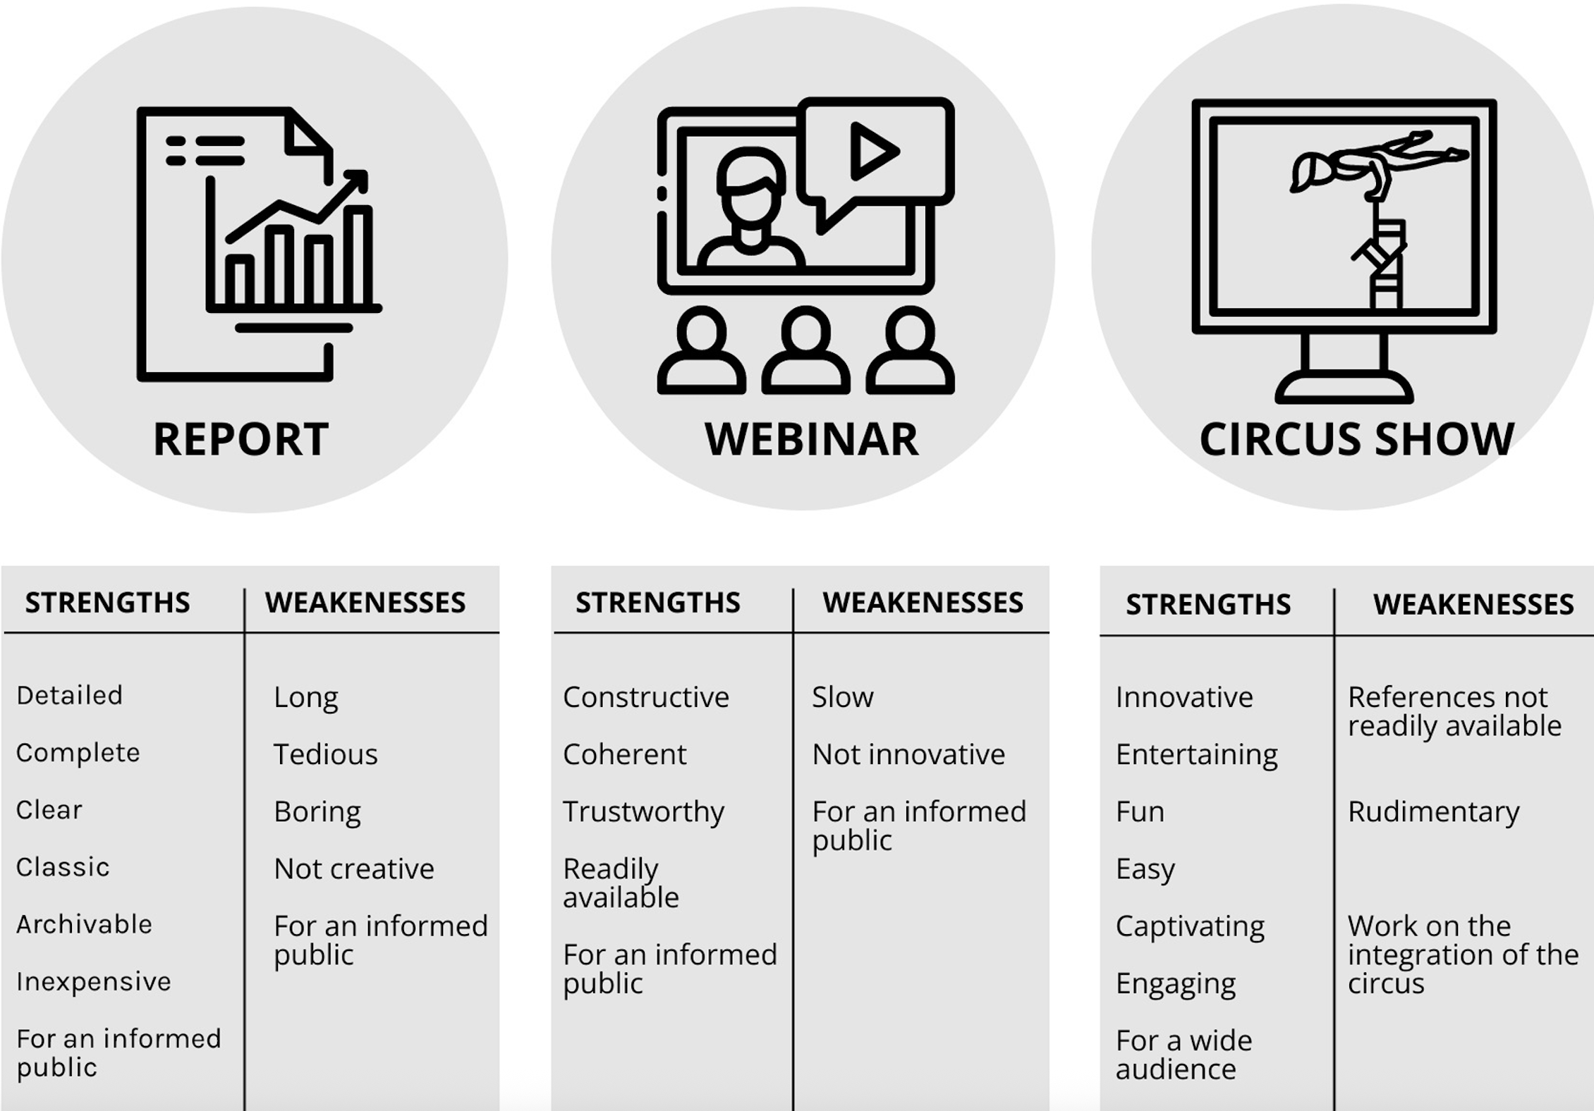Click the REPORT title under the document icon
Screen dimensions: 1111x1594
[x=241, y=439]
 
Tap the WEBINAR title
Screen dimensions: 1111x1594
[x=811, y=439]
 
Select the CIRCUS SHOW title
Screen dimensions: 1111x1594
[x=1356, y=439]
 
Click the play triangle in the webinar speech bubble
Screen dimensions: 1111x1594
[x=873, y=150]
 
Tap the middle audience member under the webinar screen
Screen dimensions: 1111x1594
[x=805, y=350]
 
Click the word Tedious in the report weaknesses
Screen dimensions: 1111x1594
[x=325, y=754]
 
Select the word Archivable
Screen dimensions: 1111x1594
[x=84, y=924]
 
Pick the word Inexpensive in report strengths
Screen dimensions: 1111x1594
[x=93, y=981]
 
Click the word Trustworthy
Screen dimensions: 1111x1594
[x=643, y=812]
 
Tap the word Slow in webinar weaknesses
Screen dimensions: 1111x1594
[x=842, y=697]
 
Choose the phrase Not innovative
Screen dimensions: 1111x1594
[x=908, y=754]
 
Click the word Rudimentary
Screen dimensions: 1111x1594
[x=1433, y=812]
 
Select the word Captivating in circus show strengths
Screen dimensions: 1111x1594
[x=1190, y=926]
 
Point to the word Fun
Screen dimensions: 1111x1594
[x=1140, y=812]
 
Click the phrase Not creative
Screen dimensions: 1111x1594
[x=353, y=868]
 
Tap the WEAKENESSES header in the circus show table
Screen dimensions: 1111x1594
[x=1473, y=604]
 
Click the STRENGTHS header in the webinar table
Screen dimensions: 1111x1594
[x=657, y=603]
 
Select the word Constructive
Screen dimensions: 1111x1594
[x=645, y=697]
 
